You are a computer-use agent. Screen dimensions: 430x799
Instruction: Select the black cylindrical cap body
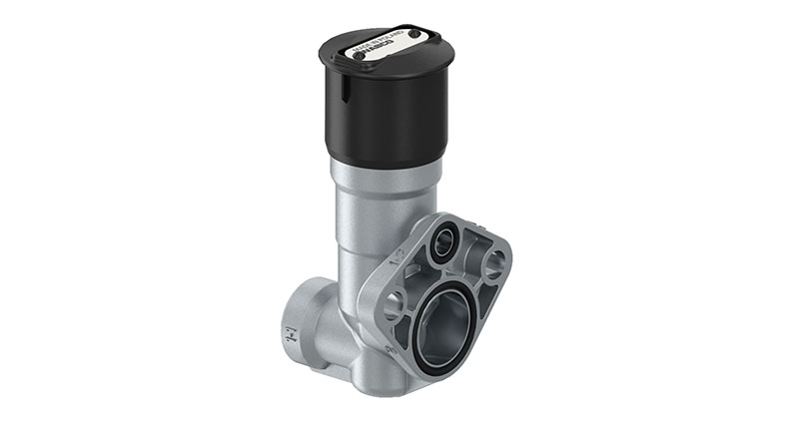[x=390, y=115]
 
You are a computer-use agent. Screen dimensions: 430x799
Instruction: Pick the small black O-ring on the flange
[x=441, y=242]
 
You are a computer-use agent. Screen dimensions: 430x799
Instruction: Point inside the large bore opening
[x=444, y=324]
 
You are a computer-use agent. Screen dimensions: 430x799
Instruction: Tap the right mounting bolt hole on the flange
[x=493, y=265]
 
